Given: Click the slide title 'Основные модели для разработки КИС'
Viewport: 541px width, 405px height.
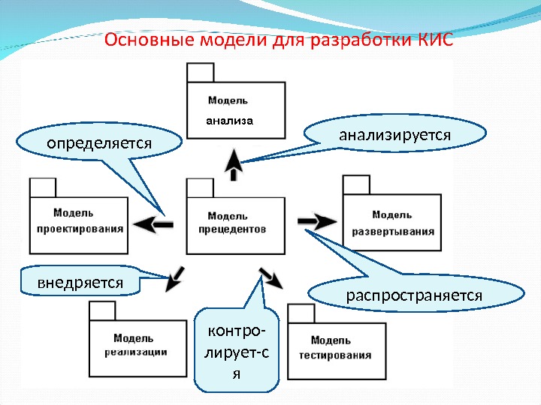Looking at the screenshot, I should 279,40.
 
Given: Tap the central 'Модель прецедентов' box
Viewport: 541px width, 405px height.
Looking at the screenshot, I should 235,225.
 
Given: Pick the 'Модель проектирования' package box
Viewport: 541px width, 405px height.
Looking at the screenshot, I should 77,225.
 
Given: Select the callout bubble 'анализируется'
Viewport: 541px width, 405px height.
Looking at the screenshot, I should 394,135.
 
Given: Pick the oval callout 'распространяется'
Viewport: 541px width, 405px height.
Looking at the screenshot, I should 413,295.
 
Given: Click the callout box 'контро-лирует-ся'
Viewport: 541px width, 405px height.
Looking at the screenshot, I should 236,349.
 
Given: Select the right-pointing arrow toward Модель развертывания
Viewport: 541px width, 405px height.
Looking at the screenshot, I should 316,221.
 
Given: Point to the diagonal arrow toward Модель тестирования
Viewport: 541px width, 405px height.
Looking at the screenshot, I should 271,277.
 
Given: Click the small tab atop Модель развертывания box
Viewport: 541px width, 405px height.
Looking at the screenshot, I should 355,184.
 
